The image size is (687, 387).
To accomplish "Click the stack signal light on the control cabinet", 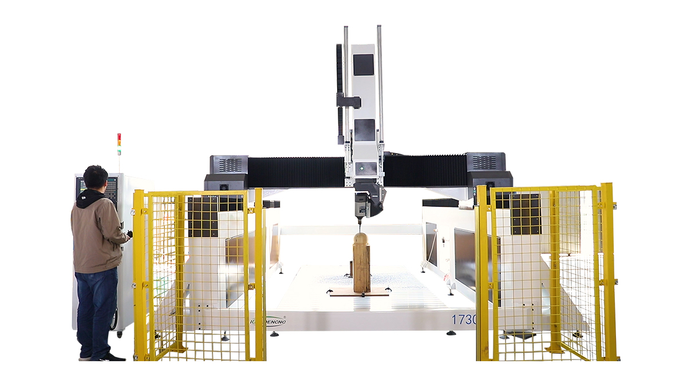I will [x=119, y=144].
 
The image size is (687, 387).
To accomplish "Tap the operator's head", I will [x=95, y=178].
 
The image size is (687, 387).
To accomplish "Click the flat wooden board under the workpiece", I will [x=360, y=292].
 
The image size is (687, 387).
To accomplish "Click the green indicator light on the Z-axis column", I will [x=361, y=169].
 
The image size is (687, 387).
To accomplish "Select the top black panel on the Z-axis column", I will [x=363, y=64].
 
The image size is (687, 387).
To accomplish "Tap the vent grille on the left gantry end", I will [x=230, y=165].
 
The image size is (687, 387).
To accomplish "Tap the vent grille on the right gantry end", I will [x=484, y=162].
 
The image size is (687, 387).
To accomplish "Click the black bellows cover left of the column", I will [x=295, y=171].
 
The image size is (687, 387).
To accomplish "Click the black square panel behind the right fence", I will [x=526, y=213].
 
